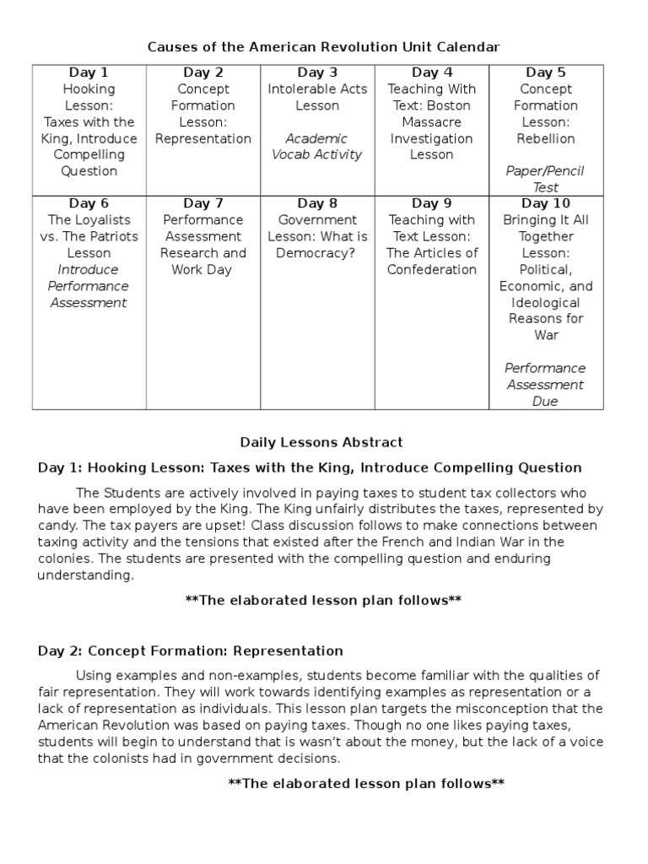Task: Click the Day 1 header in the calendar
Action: [89, 73]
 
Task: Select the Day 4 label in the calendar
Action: [431, 73]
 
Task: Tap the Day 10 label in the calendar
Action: [545, 203]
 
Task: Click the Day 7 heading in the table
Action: [202, 203]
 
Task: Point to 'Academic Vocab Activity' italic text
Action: [317, 147]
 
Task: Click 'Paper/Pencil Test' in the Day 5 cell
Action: [545, 179]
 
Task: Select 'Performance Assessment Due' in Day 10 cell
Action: [545, 385]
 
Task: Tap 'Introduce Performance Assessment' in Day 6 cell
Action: [89, 286]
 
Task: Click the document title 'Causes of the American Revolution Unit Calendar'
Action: [324, 47]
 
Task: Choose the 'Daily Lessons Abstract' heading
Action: [321, 442]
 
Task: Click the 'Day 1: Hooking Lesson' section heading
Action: [310, 467]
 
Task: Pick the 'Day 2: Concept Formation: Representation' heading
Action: [191, 651]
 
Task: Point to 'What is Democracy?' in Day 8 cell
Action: [317, 245]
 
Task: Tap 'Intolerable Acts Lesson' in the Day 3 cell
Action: [317, 97]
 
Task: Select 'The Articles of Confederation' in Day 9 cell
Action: [431, 262]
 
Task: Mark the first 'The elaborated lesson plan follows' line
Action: [323, 601]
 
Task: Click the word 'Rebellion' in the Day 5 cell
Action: [545, 138]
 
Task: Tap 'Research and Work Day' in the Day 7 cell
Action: [202, 262]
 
